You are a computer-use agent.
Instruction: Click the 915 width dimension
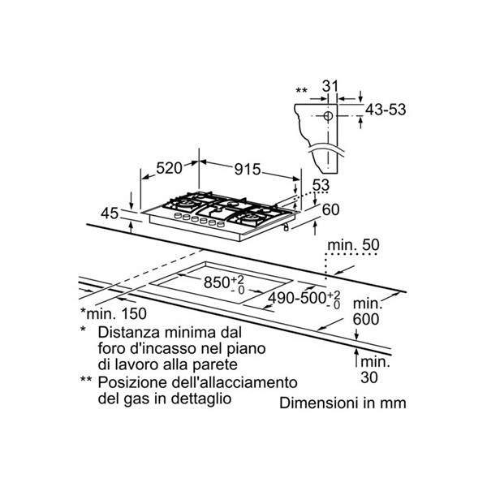tap(248, 170)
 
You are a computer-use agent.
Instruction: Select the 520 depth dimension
tap(169, 168)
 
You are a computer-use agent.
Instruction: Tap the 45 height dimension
tap(110, 213)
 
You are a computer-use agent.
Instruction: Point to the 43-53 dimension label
tap(386, 110)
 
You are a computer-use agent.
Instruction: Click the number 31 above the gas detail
tap(330, 86)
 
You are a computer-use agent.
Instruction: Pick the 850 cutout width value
tap(217, 282)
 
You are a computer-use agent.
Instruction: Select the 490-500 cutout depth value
tap(297, 298)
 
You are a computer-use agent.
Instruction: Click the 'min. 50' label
tap(353, 245)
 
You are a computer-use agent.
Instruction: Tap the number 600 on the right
tap(366, 319)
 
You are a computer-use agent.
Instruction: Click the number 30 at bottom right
tap(369, 377)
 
